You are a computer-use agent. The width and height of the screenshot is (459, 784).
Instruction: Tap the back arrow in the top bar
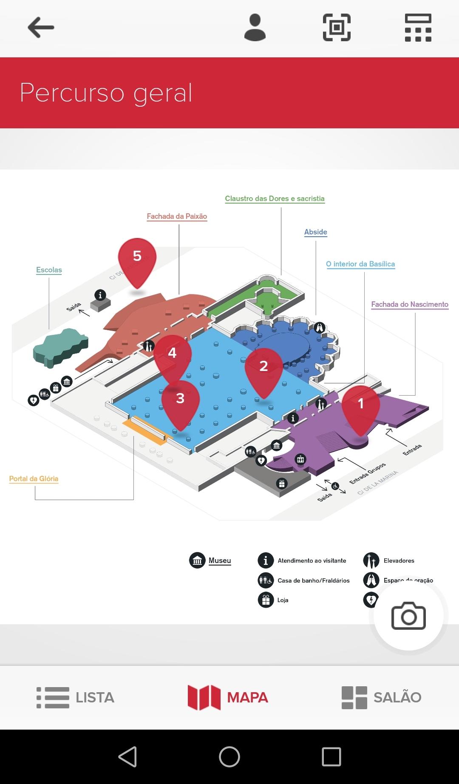pos(41,28)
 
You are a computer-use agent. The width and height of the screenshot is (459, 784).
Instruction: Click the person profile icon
pos(255,28)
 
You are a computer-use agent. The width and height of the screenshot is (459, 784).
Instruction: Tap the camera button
pos(408,616)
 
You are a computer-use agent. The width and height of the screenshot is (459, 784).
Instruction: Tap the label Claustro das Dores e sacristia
pos(275,198)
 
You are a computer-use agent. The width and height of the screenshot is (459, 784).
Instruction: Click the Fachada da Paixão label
pos(177,216)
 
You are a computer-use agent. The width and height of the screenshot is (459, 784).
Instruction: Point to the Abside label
pos(315,232)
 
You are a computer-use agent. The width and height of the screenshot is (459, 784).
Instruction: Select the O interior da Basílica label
pos(360,264)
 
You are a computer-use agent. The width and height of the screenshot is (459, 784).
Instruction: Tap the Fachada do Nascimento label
pos(410,304)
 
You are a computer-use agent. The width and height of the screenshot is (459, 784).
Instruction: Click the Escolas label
pos(49,270)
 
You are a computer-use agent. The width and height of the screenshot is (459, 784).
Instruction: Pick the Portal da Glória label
pos(34,478)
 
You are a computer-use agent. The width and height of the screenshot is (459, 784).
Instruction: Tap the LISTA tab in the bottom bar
pos(76,697)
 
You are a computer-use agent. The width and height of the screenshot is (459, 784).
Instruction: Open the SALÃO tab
pos(382,697)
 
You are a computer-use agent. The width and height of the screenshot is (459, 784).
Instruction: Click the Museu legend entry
pos(219,560)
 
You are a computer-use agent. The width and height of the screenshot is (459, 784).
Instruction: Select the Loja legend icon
pos(266,600)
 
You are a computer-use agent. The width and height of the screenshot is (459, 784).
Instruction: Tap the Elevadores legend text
pos(399,560)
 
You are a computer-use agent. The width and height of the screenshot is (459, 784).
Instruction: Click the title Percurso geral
pos(106,93)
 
